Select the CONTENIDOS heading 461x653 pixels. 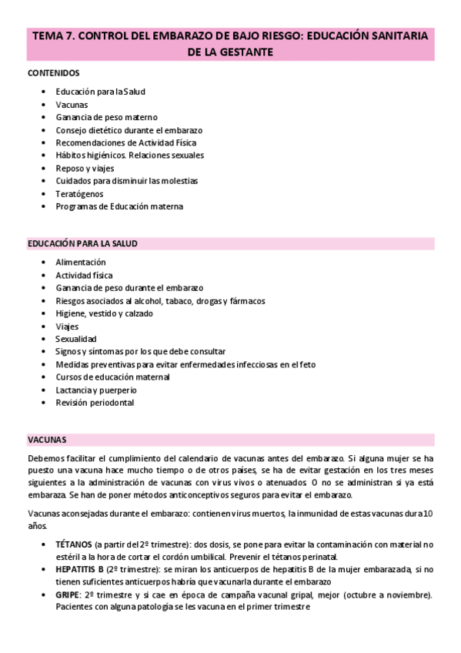tap(53, 73)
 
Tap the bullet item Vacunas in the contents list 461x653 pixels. tap(72, 104)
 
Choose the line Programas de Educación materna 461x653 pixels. tap(119, 206)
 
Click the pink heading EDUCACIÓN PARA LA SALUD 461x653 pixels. tap(82, 243)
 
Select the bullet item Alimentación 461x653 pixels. tap(81, 262)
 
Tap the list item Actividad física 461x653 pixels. tap(84, 275)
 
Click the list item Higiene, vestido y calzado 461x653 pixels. tap(104, 313)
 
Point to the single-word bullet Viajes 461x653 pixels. tap(68, 326)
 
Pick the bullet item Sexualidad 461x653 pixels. tap(76, 339)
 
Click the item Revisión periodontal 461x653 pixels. tap(95, 402)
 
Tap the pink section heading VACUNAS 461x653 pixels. tap(46, 440)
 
